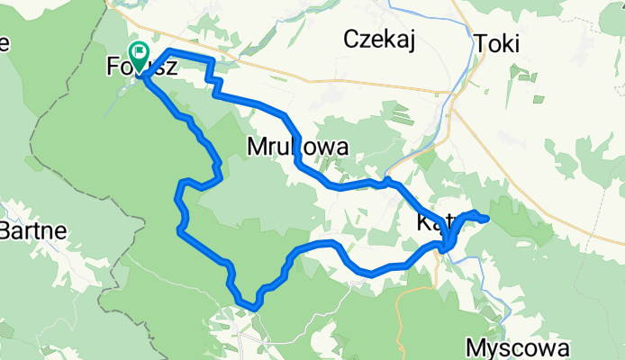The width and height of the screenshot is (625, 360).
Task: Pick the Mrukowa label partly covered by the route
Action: (296, 146)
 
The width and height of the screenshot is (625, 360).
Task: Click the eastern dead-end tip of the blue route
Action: (487, 219)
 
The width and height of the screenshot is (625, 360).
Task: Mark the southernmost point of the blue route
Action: (255, 308)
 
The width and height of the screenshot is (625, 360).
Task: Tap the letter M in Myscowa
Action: (476, 347)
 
